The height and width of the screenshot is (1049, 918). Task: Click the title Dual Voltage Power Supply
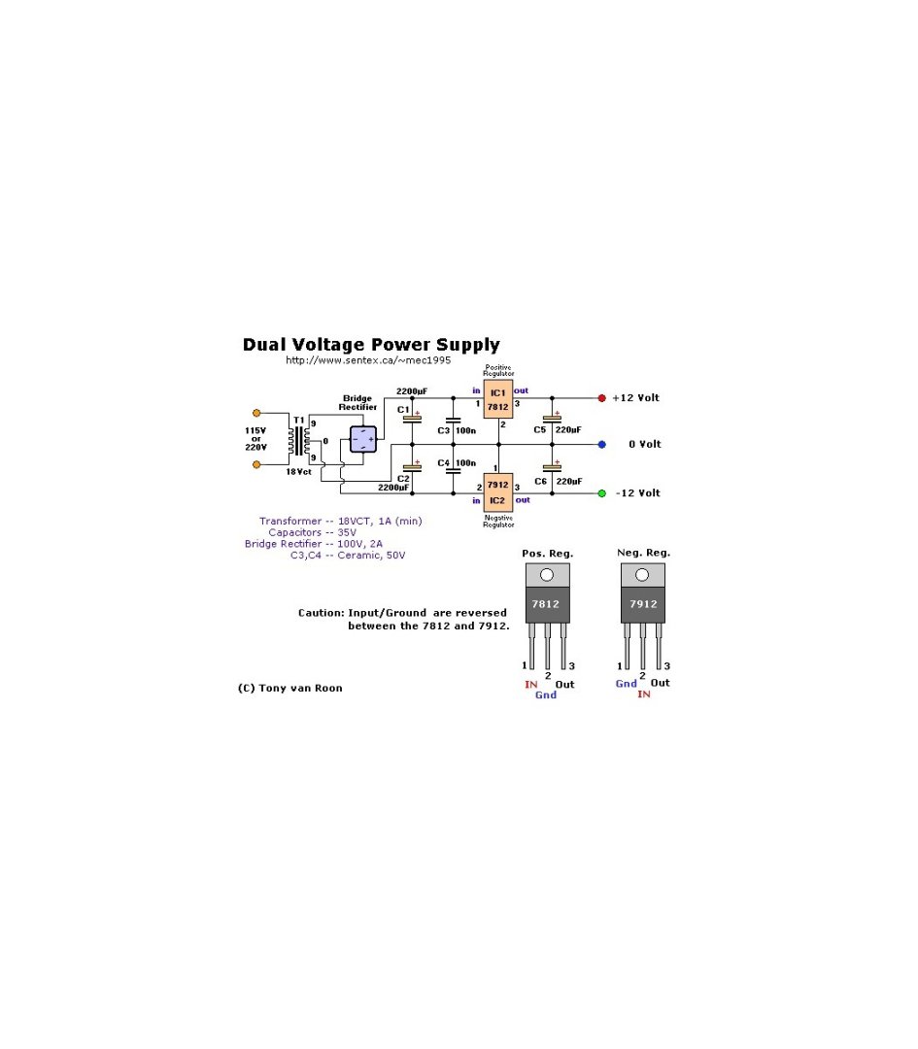371,345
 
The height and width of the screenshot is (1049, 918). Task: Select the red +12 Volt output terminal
601,398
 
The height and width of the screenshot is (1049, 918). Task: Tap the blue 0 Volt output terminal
601,444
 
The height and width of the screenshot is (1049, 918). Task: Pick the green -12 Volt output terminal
601,493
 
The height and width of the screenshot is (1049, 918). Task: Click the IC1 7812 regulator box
498,399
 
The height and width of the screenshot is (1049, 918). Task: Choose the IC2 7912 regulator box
497,491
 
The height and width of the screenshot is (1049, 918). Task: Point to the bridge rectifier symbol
362,439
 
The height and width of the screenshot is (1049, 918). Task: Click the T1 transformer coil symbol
299,440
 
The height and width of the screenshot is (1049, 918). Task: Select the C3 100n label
457,429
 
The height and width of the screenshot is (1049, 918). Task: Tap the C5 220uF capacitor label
557,429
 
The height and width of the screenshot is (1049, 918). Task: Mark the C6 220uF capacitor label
557,481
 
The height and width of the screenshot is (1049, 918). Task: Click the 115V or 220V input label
255,439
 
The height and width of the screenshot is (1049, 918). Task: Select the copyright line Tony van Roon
289,688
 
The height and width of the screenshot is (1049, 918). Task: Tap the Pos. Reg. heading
548,554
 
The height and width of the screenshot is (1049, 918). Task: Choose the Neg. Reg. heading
644,554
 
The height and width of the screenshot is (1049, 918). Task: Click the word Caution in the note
321,613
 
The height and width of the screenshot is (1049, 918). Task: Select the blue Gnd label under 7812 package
546,695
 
